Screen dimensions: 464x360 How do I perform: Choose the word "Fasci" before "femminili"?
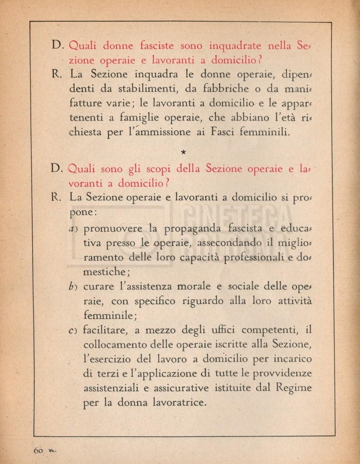tap(238, 133)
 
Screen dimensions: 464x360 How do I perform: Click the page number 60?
tap(38, 450)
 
